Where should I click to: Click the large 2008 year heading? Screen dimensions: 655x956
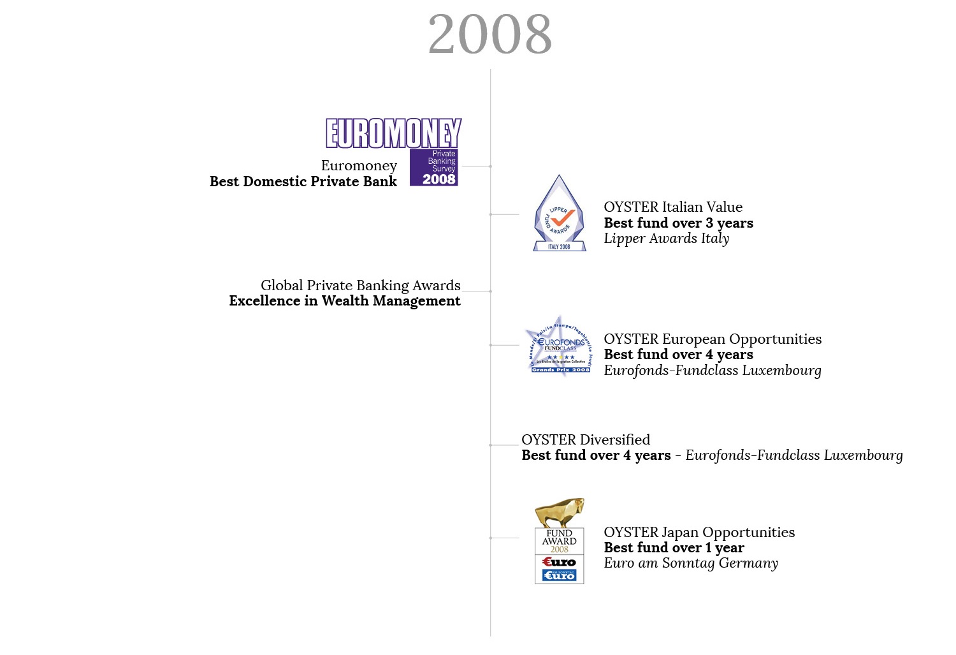point(489,34)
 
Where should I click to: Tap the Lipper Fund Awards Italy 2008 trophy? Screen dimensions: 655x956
point(559,213)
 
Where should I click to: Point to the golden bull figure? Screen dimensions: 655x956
point(559,512)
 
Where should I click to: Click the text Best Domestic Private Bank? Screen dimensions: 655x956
point(303,182)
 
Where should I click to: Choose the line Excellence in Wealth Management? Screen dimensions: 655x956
point(344,301)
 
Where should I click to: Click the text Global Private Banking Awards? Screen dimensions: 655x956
point(360,285)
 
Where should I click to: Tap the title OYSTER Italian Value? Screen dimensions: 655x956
point(673,207)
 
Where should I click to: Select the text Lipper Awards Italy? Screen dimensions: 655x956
point(666,239)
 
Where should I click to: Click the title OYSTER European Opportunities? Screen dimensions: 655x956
point(713,339)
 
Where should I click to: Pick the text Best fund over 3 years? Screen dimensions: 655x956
point(678,223)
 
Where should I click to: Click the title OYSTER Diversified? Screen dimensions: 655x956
point(585,439)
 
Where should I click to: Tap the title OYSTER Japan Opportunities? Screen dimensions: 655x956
point(699,533)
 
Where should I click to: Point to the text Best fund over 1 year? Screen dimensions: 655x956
point(674,548)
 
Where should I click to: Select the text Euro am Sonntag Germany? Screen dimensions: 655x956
point(691,563)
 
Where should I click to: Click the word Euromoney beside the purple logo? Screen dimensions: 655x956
point(359,166)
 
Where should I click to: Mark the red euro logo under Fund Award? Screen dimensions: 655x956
point(559,562)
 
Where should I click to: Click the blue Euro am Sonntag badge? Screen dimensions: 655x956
point(559,575)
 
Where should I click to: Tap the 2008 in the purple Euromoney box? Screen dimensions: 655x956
point(438,179)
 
